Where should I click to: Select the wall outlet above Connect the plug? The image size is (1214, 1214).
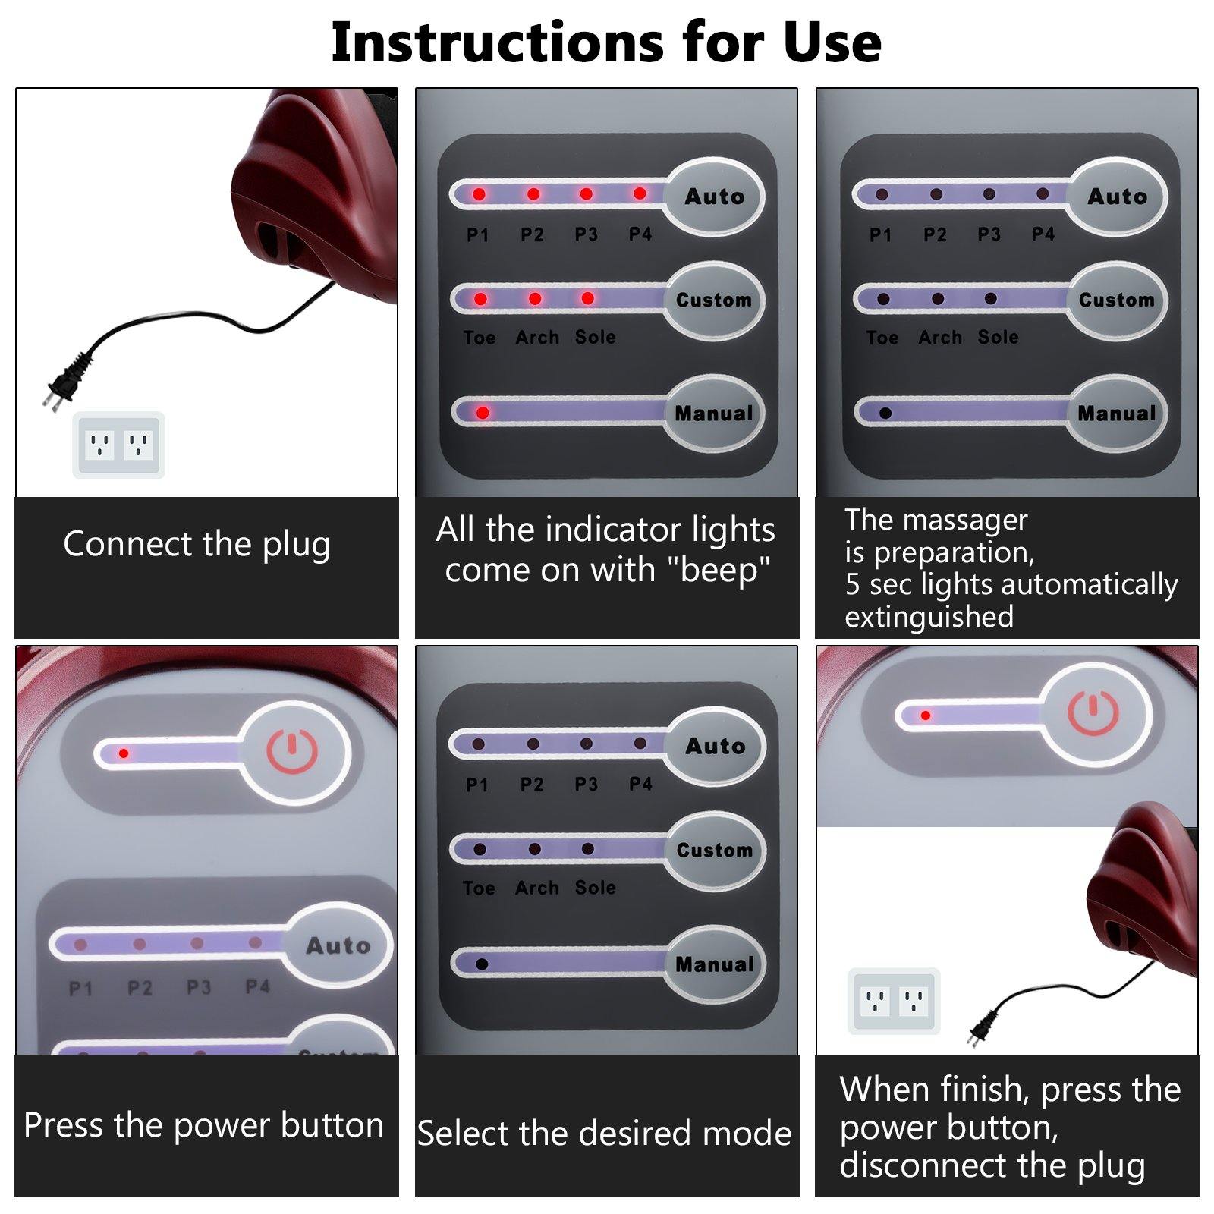coord(118,445)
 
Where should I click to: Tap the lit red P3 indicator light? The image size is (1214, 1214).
coord(586,194)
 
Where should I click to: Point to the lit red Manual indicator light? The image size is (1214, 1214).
coord(482,413)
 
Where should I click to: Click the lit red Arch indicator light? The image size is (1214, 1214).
coord(535,299)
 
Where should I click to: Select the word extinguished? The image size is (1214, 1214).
coord(929,617)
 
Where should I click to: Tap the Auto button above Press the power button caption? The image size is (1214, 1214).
coord(338,945)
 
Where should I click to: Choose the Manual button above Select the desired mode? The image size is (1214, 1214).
coord(714,964)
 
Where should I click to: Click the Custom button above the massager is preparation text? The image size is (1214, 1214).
coord(1116,300)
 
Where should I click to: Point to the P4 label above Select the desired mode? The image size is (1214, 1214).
coord(640,784)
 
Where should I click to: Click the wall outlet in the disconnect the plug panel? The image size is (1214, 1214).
coord(894,1002)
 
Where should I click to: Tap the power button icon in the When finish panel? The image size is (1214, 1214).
coord(1093,713)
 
